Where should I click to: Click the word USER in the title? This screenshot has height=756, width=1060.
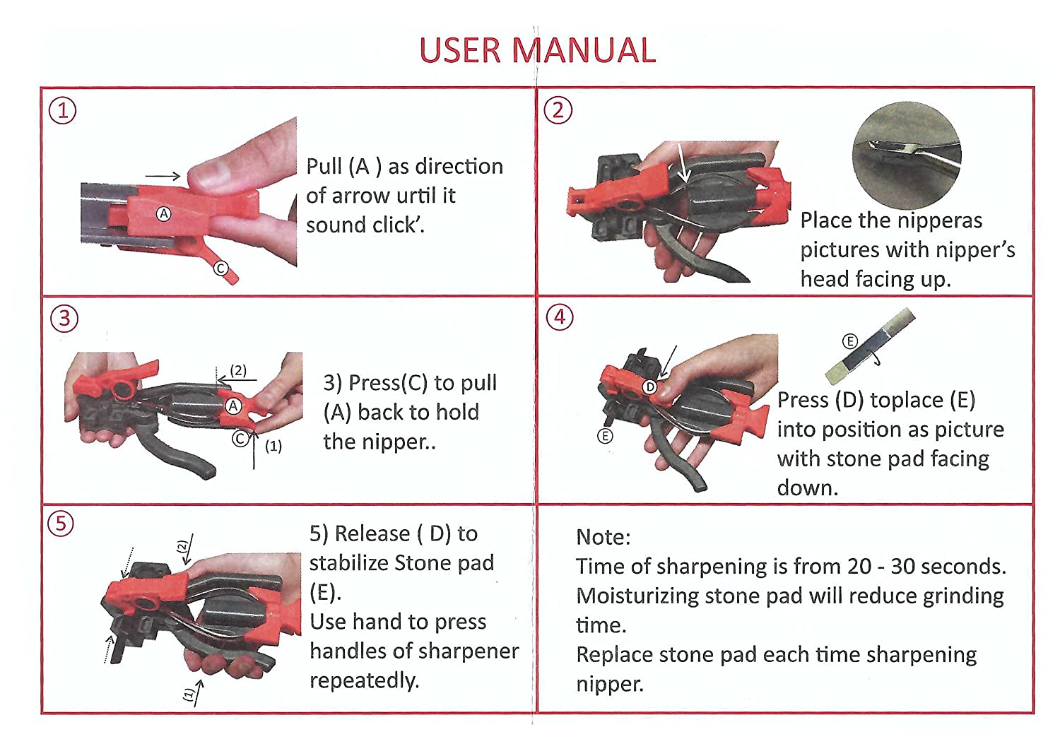[460, 50]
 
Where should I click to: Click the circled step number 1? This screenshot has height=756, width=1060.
[62, 111]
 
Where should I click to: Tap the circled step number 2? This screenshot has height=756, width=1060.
[558, 110]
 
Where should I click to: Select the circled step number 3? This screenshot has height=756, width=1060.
[64, 319]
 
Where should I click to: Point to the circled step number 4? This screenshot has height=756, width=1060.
[560, 317]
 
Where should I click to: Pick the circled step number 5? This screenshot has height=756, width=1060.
[61, 524]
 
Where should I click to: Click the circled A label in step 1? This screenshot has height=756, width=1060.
[164, 214]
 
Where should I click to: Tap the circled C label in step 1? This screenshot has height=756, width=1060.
[220, 268]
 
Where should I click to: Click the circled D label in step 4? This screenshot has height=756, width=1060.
[650, 387]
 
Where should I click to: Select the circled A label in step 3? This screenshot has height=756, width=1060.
[233, 406]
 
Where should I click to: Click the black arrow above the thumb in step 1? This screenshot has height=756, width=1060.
[163, 176]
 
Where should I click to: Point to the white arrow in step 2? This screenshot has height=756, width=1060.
[683, 163]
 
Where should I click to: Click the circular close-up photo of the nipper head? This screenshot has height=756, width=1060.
[907, 155]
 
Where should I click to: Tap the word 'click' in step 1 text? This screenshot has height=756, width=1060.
[401, 225]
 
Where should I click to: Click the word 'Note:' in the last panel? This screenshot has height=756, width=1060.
[603, 537]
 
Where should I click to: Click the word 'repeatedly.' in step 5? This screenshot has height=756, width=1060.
[365, 681]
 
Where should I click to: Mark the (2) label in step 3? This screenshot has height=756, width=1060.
[238, 370]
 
